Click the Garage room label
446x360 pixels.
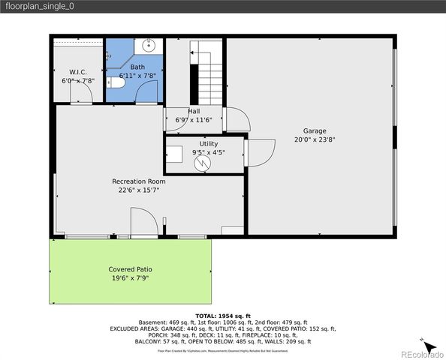[x=315, y=130]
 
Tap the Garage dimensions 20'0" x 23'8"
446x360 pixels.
[x=315, y=139]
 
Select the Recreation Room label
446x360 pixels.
[x=139, y=181]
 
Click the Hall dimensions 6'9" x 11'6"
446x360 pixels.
[x=194, y=120]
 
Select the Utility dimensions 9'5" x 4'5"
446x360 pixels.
[x=208, y=152]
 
